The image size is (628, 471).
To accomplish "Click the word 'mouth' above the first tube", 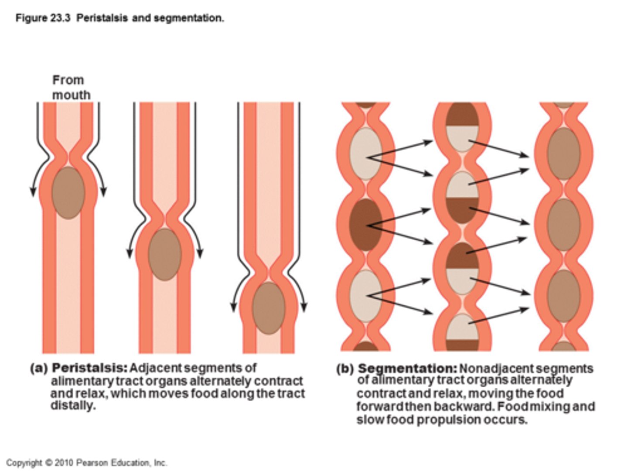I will click(x=72, y=95).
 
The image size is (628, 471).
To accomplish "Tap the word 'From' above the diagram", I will click(x=68, y=80).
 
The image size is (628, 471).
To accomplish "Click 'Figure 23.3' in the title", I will click(x=43, y=18).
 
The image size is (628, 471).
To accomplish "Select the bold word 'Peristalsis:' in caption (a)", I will click(x=89, y=368).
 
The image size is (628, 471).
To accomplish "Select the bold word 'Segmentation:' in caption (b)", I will click(x=407, y=369).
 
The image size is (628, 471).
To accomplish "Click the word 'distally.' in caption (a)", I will click(x=73, y=406).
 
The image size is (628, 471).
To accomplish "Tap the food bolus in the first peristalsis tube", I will click(x=68, y=192).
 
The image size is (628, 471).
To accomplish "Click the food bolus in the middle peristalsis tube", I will click(x=165, y=254).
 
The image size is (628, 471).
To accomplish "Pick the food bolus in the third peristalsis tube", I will click(x=269, y=308).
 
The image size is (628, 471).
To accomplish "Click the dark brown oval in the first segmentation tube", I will click(x=366, y=225).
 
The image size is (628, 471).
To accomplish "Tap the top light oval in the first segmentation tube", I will click(x=366, y=153).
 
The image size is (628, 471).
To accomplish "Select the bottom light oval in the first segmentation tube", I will click(x=366, y=296).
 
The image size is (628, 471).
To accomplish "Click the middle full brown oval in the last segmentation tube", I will click(x=564, y=225).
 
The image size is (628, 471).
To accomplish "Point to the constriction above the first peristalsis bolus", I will click(x=68, y=155).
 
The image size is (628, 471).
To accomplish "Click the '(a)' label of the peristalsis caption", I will click(x=38, y=369).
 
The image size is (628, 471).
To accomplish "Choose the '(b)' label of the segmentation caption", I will click(x=345, y=369).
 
